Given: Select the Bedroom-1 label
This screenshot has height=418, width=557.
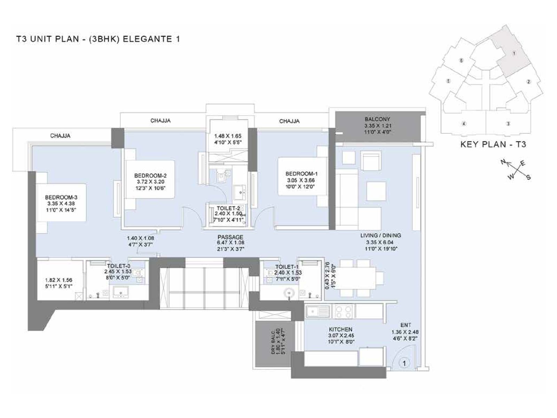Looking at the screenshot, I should click(x=301, y=174).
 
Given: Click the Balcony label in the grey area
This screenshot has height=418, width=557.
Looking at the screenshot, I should click(x=377, y=119).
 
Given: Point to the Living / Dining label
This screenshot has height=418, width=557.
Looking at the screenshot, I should click(x=381, y=235).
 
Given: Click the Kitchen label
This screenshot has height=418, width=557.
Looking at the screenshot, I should click(x=340, y=329).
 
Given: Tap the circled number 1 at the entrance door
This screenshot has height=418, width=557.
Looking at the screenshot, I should click(x=404, y=363).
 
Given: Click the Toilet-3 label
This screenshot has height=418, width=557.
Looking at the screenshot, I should click(x=118, y=266).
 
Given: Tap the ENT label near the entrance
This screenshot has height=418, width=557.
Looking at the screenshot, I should click(x=406, y=325).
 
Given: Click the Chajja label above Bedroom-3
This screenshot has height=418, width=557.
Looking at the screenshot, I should click(x=60, y=136).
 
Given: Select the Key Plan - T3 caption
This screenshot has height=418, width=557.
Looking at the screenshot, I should click(x=493, y=145).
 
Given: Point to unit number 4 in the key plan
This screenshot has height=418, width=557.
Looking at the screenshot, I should click(x=464, y=124).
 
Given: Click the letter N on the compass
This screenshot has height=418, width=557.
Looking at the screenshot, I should click(x=503, y=162).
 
